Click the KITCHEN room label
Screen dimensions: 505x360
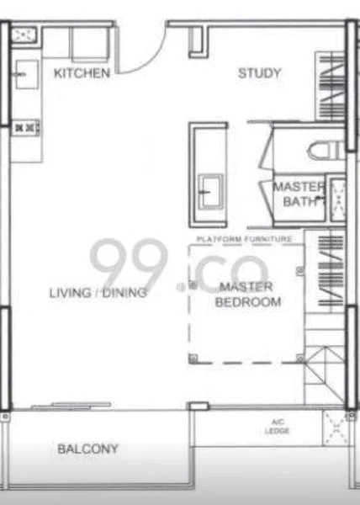82,74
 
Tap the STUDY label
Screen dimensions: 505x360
259,73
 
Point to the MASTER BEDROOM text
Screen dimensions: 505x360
248,295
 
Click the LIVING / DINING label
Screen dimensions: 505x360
98,293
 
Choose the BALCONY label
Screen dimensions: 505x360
87,449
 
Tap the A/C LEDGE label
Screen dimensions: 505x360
278,427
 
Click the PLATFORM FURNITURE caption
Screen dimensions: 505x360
244,240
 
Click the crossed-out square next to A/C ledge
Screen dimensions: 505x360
336,430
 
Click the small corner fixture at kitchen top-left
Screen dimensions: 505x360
24,35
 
